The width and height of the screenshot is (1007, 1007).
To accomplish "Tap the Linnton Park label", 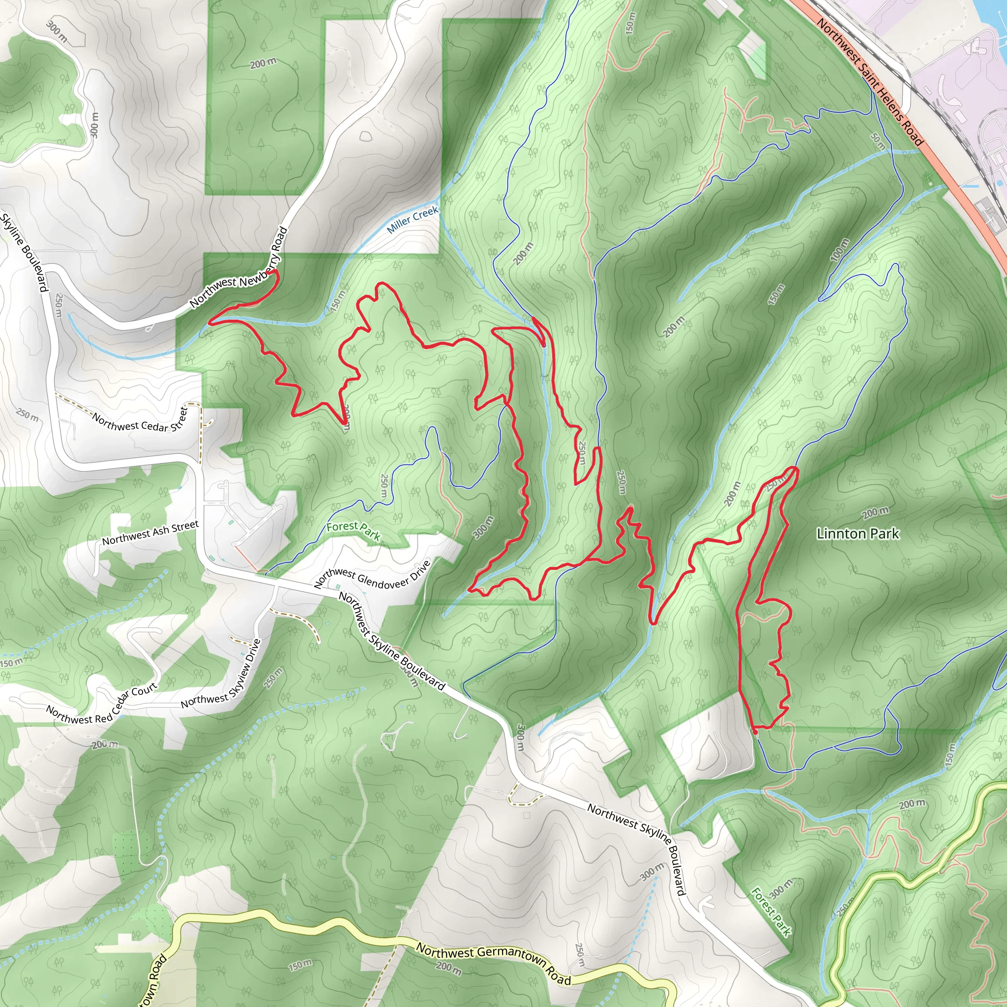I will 858,533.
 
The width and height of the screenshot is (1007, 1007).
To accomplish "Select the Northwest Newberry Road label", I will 238,267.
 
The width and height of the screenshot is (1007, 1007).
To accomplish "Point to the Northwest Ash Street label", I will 150,533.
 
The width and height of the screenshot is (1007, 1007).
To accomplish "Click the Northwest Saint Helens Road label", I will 869,81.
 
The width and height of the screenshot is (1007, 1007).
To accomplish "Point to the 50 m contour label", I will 878,140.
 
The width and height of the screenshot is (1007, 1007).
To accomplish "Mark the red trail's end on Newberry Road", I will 275,271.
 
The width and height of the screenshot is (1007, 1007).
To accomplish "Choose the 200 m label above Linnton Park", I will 875,513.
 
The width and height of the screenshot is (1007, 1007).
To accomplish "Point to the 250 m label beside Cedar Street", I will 27,415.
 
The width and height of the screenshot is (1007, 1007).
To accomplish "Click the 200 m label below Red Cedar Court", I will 105,744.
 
